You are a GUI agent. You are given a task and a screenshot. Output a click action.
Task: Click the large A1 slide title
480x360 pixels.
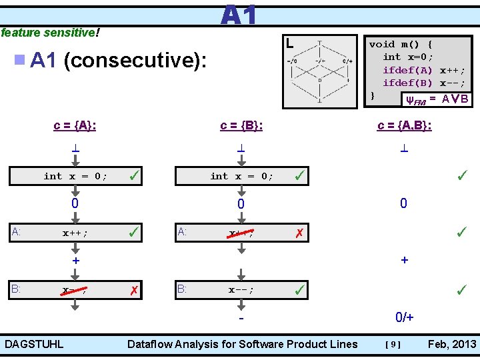(x=238, y=15)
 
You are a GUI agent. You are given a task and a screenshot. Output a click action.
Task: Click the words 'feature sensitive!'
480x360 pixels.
(x=50, y=32)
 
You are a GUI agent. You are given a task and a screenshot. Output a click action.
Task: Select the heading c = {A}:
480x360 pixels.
(x=75, y=125)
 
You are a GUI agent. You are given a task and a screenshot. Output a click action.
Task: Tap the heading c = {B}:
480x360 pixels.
(x=241, y=125)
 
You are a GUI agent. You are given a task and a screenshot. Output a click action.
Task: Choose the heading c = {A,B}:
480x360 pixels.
(x=404, y=125)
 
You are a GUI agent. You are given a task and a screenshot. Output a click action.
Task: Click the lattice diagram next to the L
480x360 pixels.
(x=319, y=71)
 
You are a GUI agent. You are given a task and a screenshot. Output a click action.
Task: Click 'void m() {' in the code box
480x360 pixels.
(x=401, y=44)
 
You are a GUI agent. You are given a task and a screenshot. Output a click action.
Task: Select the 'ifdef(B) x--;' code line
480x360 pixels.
(x=423, y=83)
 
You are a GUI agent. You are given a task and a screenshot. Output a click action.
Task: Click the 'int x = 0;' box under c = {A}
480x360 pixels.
(x=75, y=176)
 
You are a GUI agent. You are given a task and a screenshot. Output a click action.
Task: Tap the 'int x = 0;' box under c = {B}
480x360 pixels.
(x=241, y=176)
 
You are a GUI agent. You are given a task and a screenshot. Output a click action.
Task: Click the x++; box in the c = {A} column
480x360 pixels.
(x=75, y=233)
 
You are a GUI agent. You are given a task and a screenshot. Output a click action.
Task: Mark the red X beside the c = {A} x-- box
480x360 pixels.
(x=134, y=291)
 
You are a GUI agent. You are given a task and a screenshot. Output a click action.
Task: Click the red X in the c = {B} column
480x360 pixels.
(x=301, y=233)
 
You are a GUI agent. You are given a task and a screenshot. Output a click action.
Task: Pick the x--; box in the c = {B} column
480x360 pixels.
(x=241, y=291)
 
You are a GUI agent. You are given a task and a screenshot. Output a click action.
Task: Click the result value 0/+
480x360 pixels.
(x=404, y=318)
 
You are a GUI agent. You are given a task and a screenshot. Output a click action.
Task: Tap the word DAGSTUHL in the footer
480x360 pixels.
(x=34, y=344)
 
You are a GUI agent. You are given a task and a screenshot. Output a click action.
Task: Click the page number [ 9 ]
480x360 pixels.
(x=393, y=345)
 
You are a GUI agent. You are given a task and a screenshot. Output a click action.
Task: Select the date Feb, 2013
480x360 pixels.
(x=452, y=344)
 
